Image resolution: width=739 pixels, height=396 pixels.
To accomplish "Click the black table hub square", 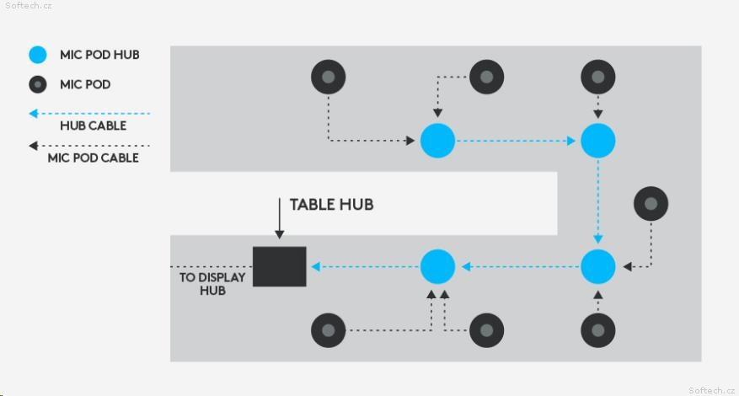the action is [x=280, y=266].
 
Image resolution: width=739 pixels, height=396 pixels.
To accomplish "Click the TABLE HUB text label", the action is [x=331, y=205].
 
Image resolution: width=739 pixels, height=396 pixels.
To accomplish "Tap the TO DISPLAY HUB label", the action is [x=212, y=284].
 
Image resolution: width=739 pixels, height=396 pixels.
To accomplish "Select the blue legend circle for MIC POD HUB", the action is [x=38, y=55].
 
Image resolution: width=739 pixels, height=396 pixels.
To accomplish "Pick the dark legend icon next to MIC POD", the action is [x=38, y=84].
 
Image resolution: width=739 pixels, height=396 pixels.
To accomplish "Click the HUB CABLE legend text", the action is [x=94, y=126].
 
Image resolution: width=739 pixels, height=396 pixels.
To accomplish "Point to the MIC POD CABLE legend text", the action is [x=94, y=158].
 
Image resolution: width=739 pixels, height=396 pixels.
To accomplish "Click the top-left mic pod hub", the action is [x=437, y=141].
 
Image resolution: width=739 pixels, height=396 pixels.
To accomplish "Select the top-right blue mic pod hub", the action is [x=597, y=141].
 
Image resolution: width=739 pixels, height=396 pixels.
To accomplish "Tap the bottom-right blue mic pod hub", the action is [x=597, y=267].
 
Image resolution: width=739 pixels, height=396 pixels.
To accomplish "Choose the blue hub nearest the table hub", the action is [x=437, y=267].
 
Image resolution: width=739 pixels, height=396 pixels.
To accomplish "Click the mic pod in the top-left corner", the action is [x=329, y=77].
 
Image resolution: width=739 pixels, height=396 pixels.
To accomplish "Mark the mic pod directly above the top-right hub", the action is [x=597, y=77].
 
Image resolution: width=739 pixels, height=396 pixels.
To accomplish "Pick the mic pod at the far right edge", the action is [x=651, y=204].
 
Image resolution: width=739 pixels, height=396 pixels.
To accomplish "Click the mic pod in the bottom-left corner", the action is [x=329, y=330].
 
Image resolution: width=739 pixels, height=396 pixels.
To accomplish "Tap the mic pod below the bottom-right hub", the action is [x=597, y=330].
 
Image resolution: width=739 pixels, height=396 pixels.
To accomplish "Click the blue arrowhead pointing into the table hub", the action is [x=316, y=267].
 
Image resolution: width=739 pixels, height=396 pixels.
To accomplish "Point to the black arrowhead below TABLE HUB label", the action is [x=280, y=234].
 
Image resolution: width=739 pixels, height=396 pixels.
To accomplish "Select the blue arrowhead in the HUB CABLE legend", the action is [x=34, y=114].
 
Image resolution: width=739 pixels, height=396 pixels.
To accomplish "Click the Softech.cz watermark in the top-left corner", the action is [x=29, y=6].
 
